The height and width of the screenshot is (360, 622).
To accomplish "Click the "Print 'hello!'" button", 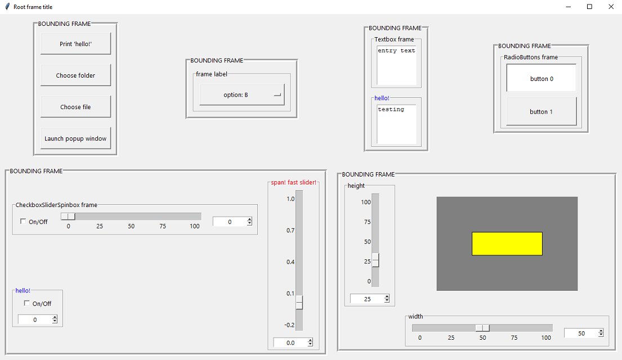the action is (x=75, y=44).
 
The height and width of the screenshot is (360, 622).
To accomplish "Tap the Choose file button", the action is (x=75, y=107).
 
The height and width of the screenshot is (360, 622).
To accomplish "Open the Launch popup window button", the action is (x=75, y=138).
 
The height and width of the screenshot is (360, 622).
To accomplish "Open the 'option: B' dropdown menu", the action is (x=242, y=94).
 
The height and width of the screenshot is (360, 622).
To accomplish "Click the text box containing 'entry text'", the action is (x=397, y=65).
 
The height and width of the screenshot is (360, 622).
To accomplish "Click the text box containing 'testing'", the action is (x=397, y=124).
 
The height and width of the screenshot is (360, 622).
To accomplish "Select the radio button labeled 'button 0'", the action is (x=542, y=78).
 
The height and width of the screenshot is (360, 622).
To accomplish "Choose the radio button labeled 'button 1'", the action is (x=542, y=111).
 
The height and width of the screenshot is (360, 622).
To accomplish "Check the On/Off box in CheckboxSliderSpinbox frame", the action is (x=23, y=221).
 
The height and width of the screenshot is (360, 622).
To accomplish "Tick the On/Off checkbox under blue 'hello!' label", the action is (x=26, y=303).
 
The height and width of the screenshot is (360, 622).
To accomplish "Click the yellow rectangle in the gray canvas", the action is (x=507, y=244).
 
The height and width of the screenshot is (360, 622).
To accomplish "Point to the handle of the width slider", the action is (x=482, y=328).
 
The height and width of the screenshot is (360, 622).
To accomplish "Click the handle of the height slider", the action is (x=375, y=260).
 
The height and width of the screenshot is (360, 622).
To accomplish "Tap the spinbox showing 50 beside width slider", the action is (x=584, y=333).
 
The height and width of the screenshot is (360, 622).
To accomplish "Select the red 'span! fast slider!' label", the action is (x=293, y=182).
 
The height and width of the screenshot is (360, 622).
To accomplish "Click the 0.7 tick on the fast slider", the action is (x=290, y=231).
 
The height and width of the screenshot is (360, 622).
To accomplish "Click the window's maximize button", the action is (x=589, y=7).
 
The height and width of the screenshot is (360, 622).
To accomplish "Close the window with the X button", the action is (x=611, y=7).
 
